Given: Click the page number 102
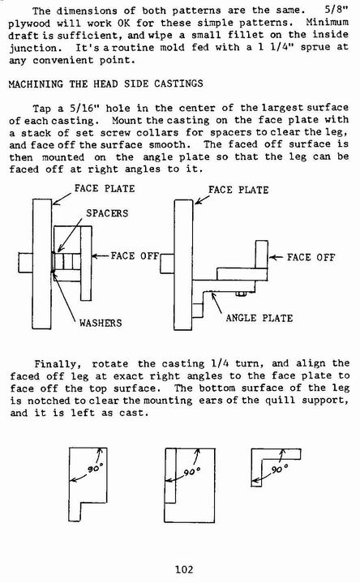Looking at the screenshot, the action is click(184, 569).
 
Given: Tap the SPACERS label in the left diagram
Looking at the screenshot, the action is click(107, 213).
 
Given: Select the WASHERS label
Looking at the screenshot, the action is click(101, 323).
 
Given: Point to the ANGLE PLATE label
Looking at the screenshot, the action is click(259, 318).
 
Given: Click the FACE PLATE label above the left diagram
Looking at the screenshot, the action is click(105, 188).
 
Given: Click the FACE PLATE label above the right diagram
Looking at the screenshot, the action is click(238, 190).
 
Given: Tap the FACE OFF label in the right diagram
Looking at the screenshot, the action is click(311, 257).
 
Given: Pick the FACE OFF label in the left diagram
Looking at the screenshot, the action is click(135, 255).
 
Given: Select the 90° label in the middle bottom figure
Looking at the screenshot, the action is click(192, 472).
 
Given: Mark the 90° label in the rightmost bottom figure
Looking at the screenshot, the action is click(280, 469).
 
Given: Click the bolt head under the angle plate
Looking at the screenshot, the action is click(242, 294).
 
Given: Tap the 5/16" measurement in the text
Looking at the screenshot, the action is click(86, 109).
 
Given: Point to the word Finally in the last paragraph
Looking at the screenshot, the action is click(56, 364).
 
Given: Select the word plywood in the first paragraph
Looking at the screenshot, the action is click(29, 24).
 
